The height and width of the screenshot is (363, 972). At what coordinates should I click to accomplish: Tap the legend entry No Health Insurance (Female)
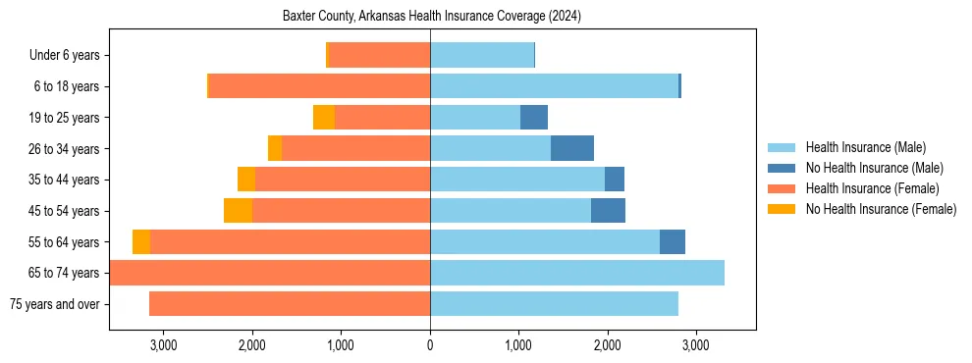[x=881, y=209]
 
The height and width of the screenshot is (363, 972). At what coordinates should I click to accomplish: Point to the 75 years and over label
[x=54, y=304]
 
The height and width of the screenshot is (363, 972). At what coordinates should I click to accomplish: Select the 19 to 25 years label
[x=64, y=118]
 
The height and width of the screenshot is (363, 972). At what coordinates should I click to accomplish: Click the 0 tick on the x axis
[x=430, y=345]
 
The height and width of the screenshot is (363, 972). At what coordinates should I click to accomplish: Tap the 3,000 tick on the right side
[x=695, y=345]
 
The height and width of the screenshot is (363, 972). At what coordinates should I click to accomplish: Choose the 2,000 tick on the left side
[x=252, y=345]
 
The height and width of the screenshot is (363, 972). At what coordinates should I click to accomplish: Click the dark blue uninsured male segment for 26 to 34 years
[x=572, y=148]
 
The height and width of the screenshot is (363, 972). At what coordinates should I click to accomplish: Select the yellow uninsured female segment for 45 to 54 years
[x=238, y=211]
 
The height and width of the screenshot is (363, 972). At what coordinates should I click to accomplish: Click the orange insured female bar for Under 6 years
[x=379, y=56]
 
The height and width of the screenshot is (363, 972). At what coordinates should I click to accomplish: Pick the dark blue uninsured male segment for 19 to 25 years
[x=534, y=118]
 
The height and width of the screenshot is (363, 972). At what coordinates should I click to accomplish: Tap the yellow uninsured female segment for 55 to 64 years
[x=141, y=241]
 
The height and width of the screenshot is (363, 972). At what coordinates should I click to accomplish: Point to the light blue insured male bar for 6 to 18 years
[x=554, y=86]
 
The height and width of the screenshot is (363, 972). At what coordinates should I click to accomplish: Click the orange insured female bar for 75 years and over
[x=290, y=304]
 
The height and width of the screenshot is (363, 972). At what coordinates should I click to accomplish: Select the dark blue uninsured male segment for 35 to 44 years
[x=615, y=180]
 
